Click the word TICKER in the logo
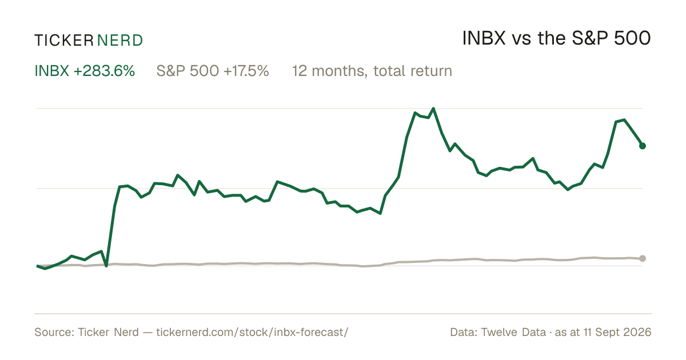pos(63,41)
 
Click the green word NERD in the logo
pos(119,41)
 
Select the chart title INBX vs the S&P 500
pos(556,38)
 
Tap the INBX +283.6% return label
pos(85,71)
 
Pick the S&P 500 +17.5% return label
pos(213,71)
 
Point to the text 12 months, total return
pos(372,71)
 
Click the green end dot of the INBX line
pos(643,146)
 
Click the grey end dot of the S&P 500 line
pos(643,258)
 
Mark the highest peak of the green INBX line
pos(433,109)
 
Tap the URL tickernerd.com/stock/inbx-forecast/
pos(252,332)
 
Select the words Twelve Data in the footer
pos(513,332)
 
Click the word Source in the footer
pos(53,332)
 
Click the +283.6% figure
pos(104,71)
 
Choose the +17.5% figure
pos(246,71)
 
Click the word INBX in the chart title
pos(484,38)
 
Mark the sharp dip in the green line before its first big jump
pos(106,266)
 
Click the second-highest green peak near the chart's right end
pos(624,119)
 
